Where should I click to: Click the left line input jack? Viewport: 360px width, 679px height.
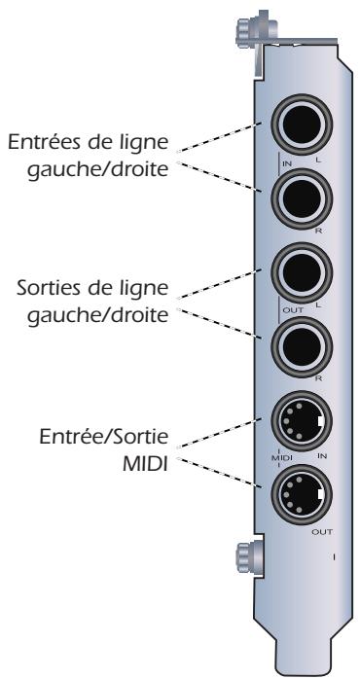click(x=304, y=129)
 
